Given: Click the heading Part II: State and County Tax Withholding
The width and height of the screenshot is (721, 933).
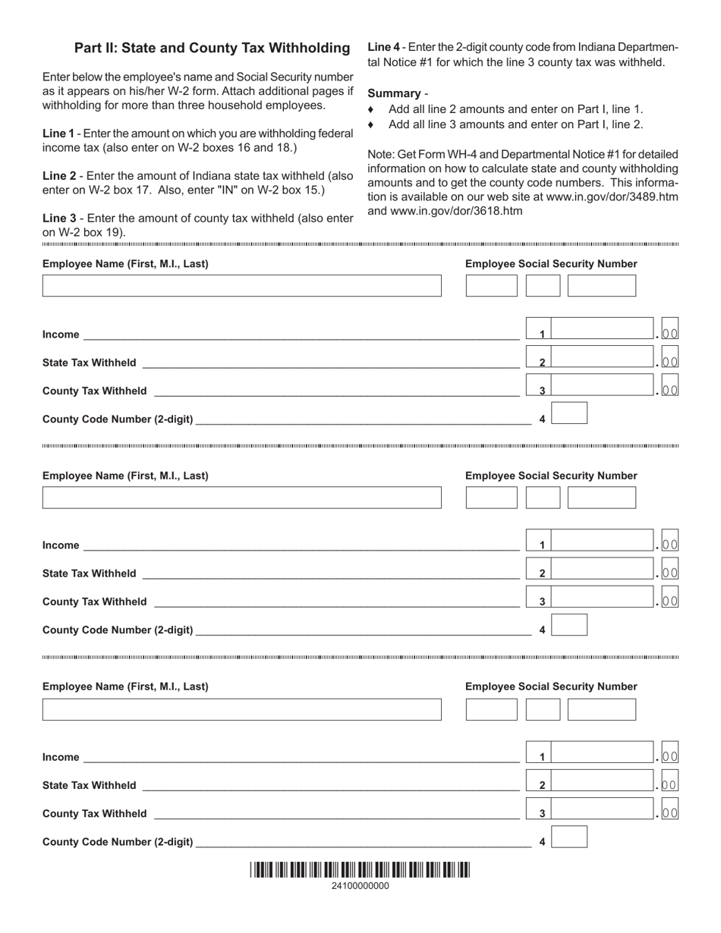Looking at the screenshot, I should [212, 49].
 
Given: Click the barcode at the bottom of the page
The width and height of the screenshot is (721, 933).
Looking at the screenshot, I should [360, 870].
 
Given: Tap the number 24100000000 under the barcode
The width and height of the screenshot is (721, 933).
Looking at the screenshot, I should [360, 886].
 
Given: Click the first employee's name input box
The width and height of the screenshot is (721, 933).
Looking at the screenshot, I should [241, 286].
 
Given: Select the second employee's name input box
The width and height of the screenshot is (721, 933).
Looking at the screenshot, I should [241, 498].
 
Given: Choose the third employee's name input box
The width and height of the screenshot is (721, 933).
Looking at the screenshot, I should [241, 709].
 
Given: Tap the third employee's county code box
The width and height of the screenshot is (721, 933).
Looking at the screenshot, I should [569, 837].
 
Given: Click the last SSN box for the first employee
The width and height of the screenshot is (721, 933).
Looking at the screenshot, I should [602, 286].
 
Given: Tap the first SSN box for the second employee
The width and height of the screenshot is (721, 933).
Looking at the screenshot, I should [491, 498].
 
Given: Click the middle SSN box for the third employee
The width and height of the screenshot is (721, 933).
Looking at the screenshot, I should [543, 709].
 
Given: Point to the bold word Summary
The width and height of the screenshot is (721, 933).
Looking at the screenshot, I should [394, 93].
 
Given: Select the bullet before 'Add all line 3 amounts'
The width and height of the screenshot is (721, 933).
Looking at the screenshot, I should [371, 124].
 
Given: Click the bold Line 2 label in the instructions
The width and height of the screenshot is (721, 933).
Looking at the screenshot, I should [58, 176].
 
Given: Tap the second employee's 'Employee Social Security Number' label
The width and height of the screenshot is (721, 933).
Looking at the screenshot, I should [551, 476].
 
